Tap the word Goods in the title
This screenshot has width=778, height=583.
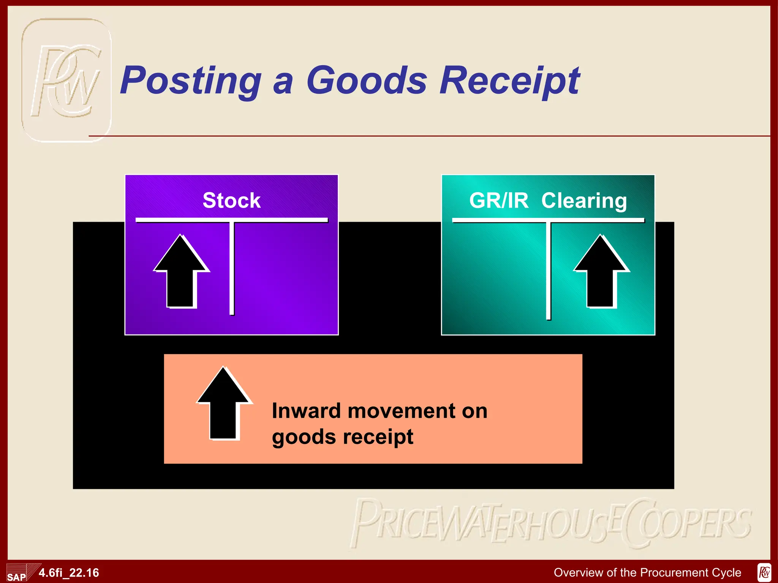[367, 80]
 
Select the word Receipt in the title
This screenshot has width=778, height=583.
[510, 80]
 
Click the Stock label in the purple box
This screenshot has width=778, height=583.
[231, 200]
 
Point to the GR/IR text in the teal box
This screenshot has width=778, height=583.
[498, 200]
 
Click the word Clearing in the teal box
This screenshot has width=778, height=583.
[584, 200]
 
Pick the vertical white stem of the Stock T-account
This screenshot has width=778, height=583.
[232, 268]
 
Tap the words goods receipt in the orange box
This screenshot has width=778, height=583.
[342, 436]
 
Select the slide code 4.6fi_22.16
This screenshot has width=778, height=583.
[69, 572]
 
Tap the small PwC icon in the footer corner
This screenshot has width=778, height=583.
[764, 572]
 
